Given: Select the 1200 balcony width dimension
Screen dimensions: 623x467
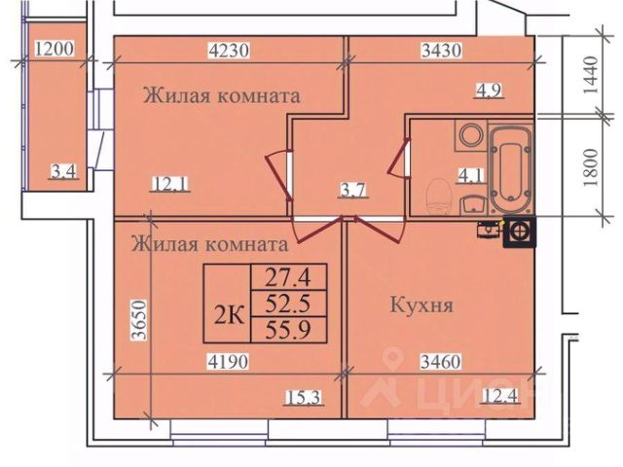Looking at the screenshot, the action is (53, 48).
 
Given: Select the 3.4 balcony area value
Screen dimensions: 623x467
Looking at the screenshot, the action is (64, 174).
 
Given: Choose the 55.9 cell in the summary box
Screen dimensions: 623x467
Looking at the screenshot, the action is (288, 329).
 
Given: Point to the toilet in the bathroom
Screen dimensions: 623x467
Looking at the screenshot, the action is (437, 197).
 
